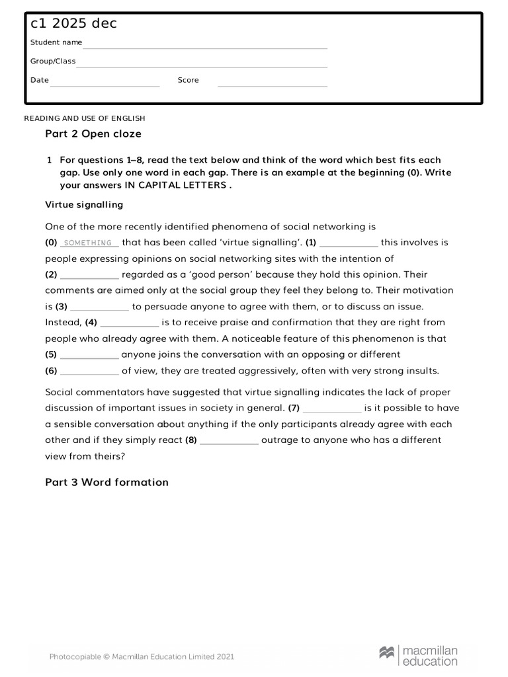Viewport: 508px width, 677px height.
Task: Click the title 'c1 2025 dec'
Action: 73,24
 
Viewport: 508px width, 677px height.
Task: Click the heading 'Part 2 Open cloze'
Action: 93,134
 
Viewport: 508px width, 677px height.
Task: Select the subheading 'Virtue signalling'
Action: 84,204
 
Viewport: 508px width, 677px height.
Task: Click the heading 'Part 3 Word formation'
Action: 106,482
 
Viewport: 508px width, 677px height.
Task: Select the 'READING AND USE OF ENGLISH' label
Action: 85,118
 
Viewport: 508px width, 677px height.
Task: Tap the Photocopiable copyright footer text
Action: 142,657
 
